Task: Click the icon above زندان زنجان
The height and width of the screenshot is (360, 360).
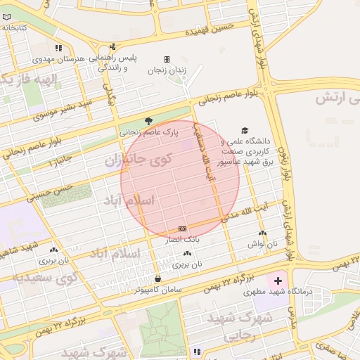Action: coord(167,59)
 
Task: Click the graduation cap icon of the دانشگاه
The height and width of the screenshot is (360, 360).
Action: coord(245,130)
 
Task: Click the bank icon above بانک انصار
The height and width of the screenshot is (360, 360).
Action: coord(183,229)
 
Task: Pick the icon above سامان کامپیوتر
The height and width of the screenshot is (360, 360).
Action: coord(157,278)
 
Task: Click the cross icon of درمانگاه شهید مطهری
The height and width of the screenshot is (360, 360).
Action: coord(278,281)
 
